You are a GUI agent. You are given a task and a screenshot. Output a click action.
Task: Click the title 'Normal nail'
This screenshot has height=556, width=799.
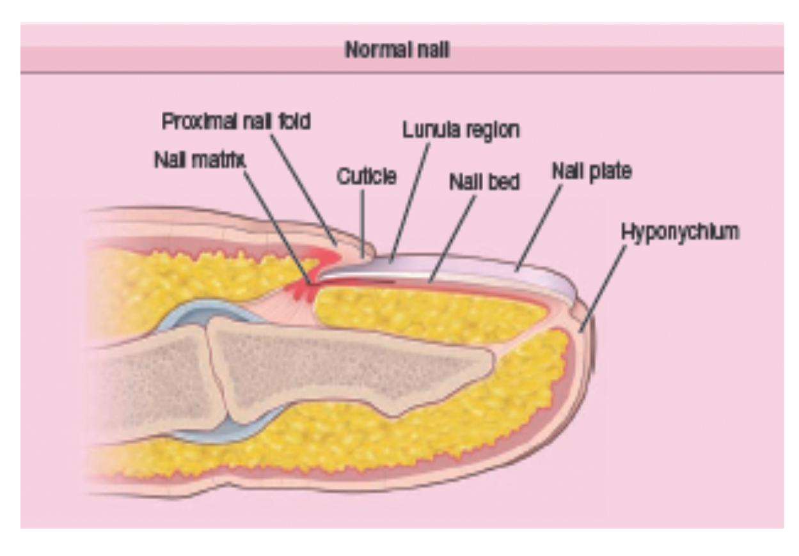tap(397, 50)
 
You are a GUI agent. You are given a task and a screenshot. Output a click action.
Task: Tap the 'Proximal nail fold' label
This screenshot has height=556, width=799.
tap(235, 121)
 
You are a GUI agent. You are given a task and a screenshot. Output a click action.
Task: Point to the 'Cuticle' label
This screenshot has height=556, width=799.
tap(367, 177)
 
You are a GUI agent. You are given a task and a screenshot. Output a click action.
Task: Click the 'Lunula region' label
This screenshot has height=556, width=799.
tap(461, 130)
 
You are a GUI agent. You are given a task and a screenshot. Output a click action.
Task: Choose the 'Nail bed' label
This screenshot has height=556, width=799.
tap(484, 182)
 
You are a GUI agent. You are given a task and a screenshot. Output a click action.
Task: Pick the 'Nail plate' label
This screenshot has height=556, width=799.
tap(592, 171)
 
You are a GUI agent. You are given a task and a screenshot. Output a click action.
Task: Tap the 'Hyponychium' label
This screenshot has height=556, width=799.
tap(679, 232)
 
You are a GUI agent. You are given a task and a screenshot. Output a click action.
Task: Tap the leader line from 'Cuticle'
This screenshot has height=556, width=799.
tap(363, 224)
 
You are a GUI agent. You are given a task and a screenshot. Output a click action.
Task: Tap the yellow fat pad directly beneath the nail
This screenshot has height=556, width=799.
tap(429, 313)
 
